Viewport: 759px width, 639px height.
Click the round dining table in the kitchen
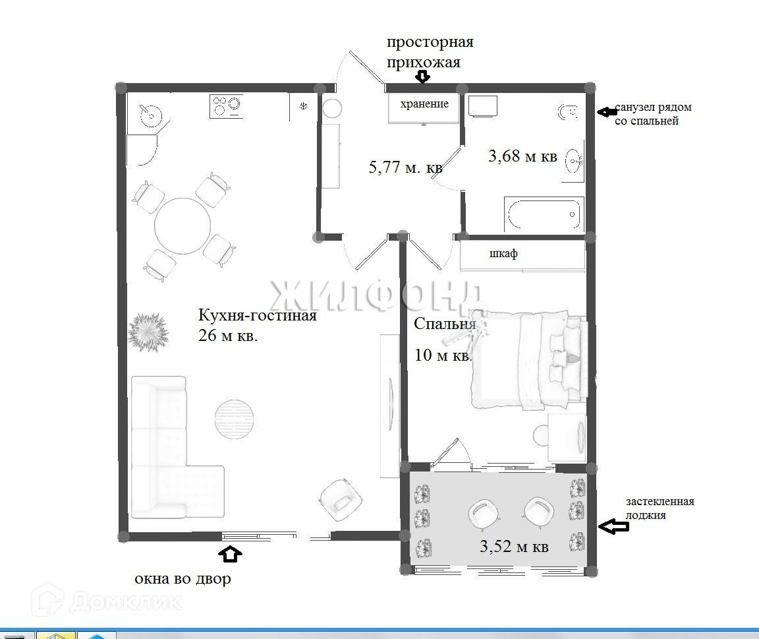tap(183, 226)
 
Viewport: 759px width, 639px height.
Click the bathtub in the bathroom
tap(544, 214)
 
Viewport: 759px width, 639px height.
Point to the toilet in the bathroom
tap(567, 112)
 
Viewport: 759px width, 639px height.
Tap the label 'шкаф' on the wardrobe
tap(503, 253)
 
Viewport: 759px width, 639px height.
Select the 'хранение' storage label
tap(424, 104)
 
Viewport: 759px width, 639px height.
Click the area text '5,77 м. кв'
tap(405, 167)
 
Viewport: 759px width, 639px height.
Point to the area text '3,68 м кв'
tap(522, 156)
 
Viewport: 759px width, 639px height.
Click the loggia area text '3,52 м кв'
tap(514, 547)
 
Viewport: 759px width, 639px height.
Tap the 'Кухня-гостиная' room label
tap(257, 315)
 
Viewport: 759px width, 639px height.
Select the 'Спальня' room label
tap(445, 324)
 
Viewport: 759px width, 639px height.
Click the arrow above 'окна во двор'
tap(230, 554)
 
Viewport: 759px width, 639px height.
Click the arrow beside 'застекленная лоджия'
tap(613, 526)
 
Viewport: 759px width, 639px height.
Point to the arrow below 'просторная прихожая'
tap(423, 76)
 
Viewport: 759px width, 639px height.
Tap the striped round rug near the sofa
tap(235, 419)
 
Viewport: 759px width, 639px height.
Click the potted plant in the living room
tap(148, 332)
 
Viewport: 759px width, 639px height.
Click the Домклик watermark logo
tap(107, 601)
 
